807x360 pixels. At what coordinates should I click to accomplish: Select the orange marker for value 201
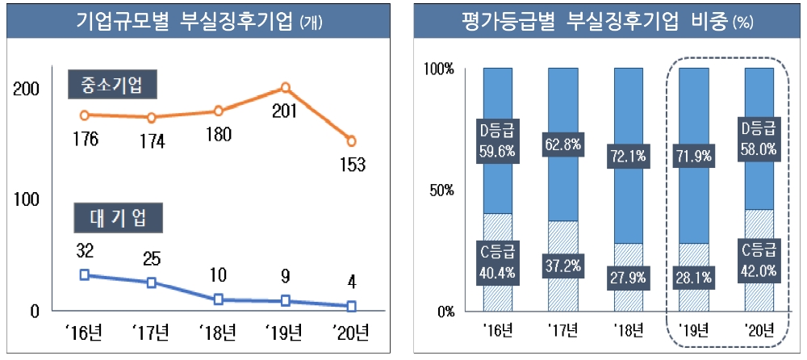(285, 88)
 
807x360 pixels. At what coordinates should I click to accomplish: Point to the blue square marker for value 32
(85, 274)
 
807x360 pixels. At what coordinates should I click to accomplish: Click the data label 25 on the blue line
(152, 258)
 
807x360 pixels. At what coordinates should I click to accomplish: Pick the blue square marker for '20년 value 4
(351, 306)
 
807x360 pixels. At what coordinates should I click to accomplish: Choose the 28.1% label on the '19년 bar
(693, 278)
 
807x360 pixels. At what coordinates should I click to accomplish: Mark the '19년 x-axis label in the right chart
(693, 329)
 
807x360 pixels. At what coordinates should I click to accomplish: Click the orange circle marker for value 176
(85, 115)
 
